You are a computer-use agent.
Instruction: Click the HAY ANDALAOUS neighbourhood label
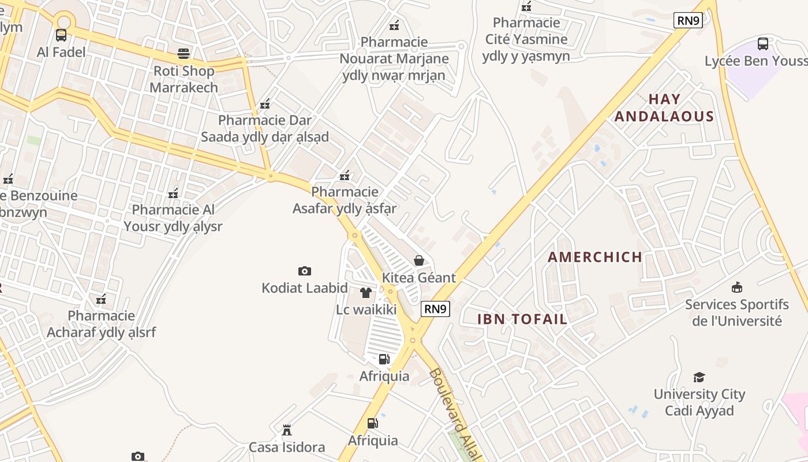click(x=664, y=108)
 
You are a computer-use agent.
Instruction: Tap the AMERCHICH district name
click(x=595, y=257)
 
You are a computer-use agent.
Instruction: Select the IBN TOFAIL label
click(x=522, y=319)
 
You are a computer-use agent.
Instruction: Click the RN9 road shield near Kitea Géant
click(x=435, y=309)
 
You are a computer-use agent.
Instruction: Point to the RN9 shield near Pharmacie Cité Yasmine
click(x=688, y=21)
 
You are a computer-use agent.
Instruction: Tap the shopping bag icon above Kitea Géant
click(x=419, y=261)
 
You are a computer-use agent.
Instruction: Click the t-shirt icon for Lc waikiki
click(x=366, y=293)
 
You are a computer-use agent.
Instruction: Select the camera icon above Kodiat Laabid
click(x=305, y=271)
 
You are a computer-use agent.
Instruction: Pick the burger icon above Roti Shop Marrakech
click(x=184, y=54)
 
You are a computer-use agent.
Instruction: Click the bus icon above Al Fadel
click(x=61, y=35)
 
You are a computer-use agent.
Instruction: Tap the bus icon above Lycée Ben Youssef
click(x=763, y=43)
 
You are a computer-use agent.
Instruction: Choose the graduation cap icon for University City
click(x=699, y=378)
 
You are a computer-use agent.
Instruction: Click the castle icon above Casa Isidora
click(x=287, y=430)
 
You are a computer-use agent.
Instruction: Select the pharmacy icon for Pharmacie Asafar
click(x=345, y=175)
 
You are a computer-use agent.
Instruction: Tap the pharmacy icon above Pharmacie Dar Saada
click(x=265, y=104)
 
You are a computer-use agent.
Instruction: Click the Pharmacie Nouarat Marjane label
click(x=394, y=58)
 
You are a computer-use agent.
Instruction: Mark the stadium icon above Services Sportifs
click(x=737, y=287)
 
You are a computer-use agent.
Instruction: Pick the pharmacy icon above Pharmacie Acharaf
click(x=101, y=299)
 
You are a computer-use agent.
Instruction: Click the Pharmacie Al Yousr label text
click(x=173, y=218)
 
